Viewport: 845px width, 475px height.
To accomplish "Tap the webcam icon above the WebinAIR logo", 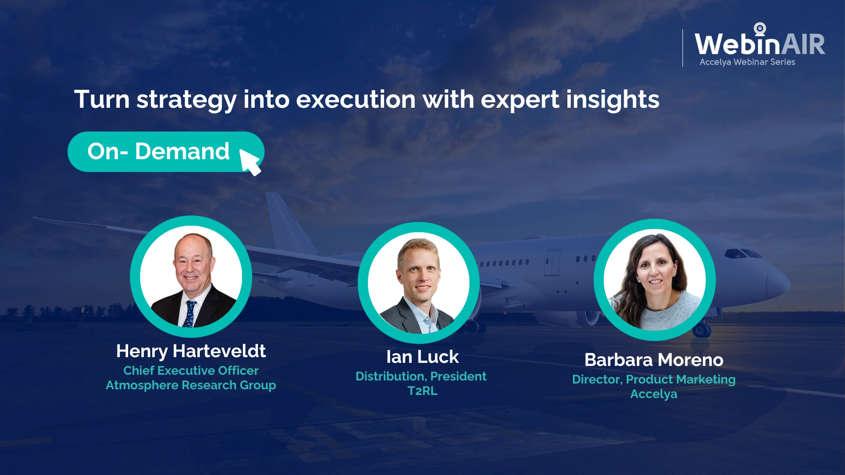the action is coord(760,29).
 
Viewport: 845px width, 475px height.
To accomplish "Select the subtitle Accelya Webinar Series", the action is coord(747,62).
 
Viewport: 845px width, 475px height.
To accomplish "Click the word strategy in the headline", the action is coord(187,100).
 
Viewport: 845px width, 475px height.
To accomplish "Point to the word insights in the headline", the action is coord(613,100).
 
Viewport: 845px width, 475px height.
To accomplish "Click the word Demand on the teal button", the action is coord(182,151).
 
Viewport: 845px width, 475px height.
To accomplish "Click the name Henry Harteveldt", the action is coord(191,351).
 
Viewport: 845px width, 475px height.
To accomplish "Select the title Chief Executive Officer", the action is coord(191,370).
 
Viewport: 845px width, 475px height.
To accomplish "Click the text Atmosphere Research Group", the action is coord(191,385).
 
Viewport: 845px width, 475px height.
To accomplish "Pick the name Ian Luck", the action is coord(422,357).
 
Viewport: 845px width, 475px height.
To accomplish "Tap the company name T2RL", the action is coord(422,391).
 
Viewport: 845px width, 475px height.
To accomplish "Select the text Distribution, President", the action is coord(421,376).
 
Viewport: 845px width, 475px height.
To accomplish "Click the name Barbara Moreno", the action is coord(654,360).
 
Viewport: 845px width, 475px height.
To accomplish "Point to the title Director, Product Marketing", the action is coord(654,380).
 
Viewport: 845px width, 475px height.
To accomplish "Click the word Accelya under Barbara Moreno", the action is coord(654,394).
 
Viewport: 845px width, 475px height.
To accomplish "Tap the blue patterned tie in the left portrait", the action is coord(190,314).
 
